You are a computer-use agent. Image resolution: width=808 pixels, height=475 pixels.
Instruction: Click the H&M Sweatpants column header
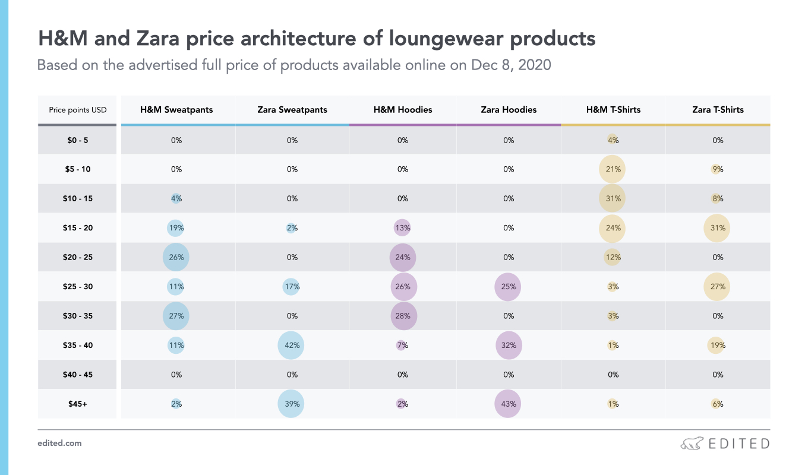pos(176,110)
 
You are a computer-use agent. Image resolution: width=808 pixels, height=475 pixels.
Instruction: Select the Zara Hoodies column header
pos(509,110)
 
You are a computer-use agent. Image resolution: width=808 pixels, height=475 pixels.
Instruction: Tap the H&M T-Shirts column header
pos(613,110)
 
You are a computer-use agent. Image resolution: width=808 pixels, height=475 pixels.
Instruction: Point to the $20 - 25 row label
pos(78,257)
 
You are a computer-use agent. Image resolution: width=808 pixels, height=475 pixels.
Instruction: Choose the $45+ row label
pos(78,404)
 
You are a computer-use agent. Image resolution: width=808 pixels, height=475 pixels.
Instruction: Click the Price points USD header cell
pos(78,110)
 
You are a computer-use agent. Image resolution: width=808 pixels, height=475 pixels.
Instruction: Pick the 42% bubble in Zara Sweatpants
pos(291,345)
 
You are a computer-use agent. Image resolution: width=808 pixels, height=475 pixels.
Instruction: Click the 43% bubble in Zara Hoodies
pos(508,404)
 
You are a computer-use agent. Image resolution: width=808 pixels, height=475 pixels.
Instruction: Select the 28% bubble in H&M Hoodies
pos(403,316)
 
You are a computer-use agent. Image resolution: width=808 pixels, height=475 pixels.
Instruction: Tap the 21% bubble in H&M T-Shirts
pos(613,169)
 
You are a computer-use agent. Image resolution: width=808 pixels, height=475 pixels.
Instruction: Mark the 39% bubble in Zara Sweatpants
pos(291,404)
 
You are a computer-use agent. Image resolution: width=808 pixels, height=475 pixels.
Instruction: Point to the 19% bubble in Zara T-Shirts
pos(717,345)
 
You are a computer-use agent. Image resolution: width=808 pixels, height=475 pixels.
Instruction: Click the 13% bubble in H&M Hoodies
pos(403,228)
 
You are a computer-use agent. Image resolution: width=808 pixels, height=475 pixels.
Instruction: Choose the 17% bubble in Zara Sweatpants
pos(291,287)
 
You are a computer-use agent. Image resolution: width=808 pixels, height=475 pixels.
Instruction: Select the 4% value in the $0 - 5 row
pos(613,141)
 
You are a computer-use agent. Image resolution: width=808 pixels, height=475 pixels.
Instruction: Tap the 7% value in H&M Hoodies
pos(402,345)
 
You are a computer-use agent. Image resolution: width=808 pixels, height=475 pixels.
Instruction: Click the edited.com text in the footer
pos(59,443)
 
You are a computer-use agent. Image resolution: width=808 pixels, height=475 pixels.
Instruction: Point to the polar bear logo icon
pos(692,444)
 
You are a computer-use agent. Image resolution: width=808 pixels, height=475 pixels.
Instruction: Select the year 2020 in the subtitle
pos(535,65)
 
